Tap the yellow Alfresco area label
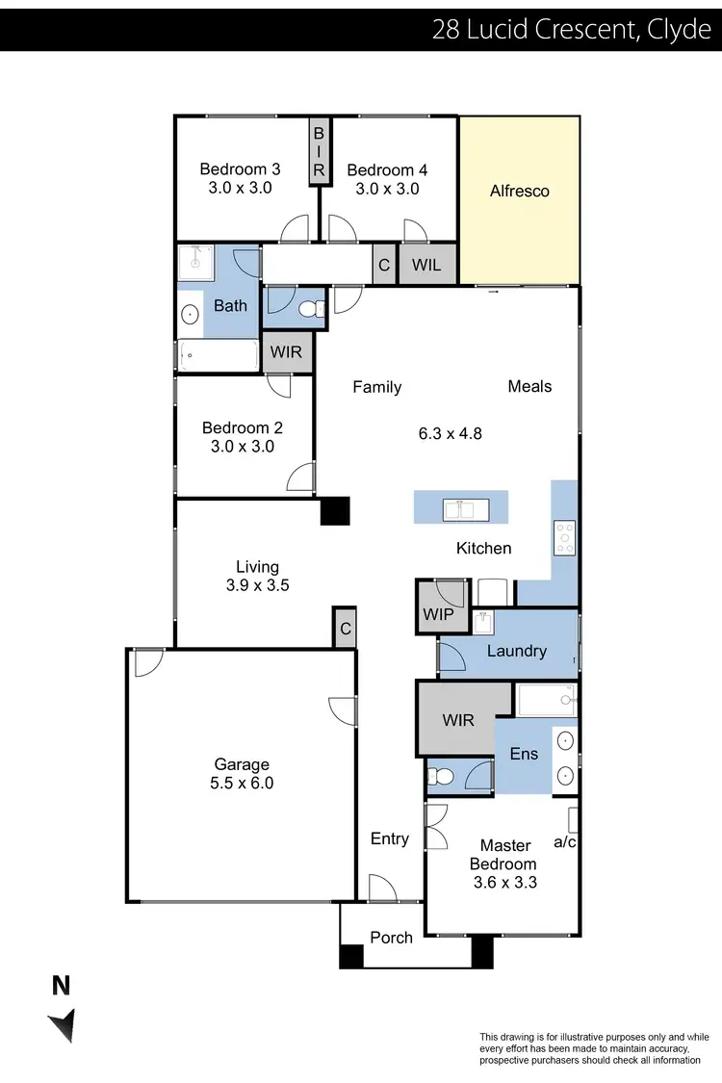tap(520, 191)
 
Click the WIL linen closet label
tap(426, 265)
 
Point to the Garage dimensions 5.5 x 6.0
tap(243, 784)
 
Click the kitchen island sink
tap(461, 508)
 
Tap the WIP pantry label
tap(437, 615)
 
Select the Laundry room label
tap(517, 651)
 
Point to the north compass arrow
tap(63, 1022)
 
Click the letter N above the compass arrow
tap(61, 985)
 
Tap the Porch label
tap(391, 938)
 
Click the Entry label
tap(390, 838)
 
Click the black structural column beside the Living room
tap(335, 510)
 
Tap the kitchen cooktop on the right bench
tap(564, 537)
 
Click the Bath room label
tap(230, 306)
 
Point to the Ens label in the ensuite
tap(524, 754)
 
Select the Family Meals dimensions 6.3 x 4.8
tap(450, 433)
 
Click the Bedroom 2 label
tap(243, 428)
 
